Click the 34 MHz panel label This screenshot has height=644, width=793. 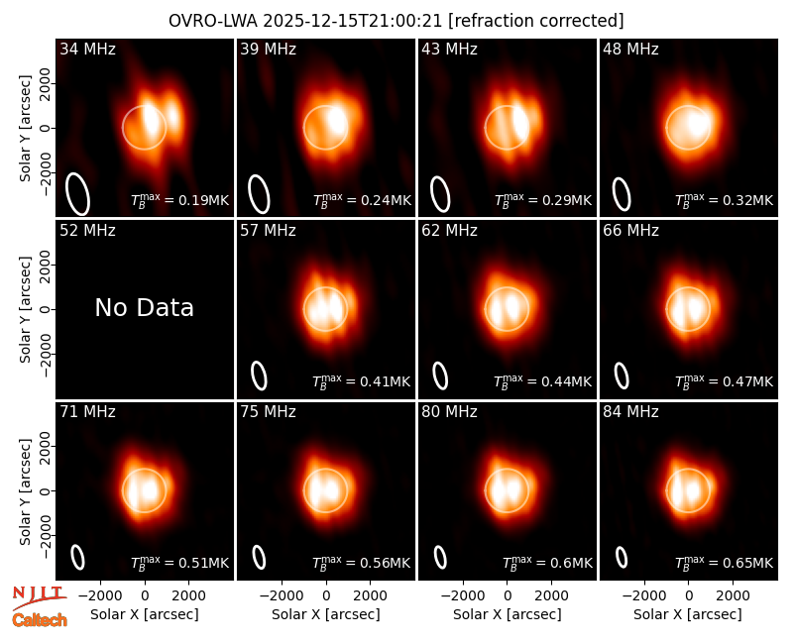pyautogui.click(x=87, y=49)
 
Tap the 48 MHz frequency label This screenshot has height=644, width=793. pyautogui.click(x=630, y=49)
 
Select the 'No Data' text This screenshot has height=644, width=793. pyautogui.click(x=144, y=307)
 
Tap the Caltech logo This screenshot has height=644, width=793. pyautogui.click(x=40, y=620)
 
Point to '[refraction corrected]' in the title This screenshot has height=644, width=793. pyautogui.click(x=536, y=21)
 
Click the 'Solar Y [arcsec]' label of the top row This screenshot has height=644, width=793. pyautogui.click(x=25, y=129)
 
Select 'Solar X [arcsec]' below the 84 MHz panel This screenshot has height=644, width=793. pyautogui.click(x=688, y=614)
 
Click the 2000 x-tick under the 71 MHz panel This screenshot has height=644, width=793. pyautogui.click(x=188, y=595)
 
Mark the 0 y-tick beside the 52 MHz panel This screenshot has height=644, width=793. pyautogui.click(x=46, y=309)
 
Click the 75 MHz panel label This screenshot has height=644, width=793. pyautogui.click(x=268, y=412)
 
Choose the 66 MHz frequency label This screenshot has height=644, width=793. pyautogui.click(x=630, y=231)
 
